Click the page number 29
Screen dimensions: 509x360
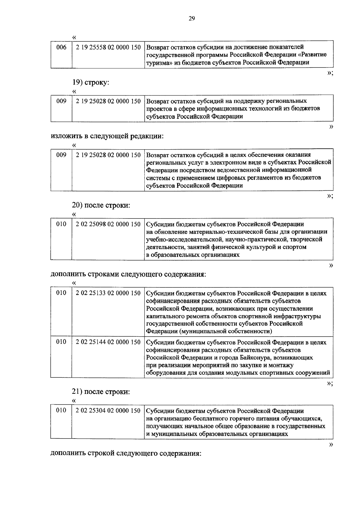[192, 19]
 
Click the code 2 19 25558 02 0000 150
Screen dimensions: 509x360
[108, 47]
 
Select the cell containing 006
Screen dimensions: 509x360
[61, 47]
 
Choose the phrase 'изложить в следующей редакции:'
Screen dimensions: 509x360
[107, 136]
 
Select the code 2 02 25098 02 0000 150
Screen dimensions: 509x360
[108, 224]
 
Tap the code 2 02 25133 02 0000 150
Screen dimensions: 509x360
[108, 293]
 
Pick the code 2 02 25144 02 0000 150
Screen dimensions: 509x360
[108, 342]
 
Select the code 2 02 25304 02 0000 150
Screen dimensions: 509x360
[108, 411]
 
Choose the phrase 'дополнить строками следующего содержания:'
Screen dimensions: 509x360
[128, 274]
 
